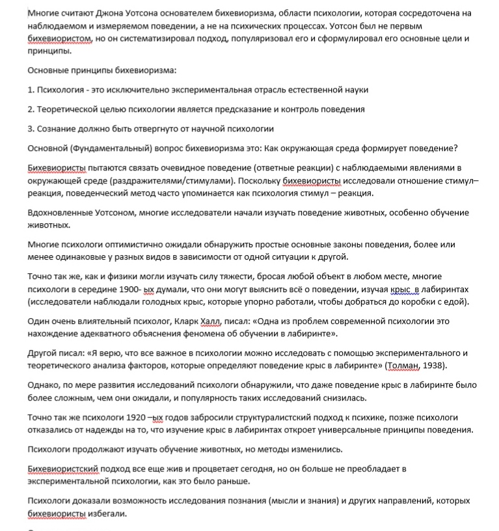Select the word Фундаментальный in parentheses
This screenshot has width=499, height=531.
pos(107,148)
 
